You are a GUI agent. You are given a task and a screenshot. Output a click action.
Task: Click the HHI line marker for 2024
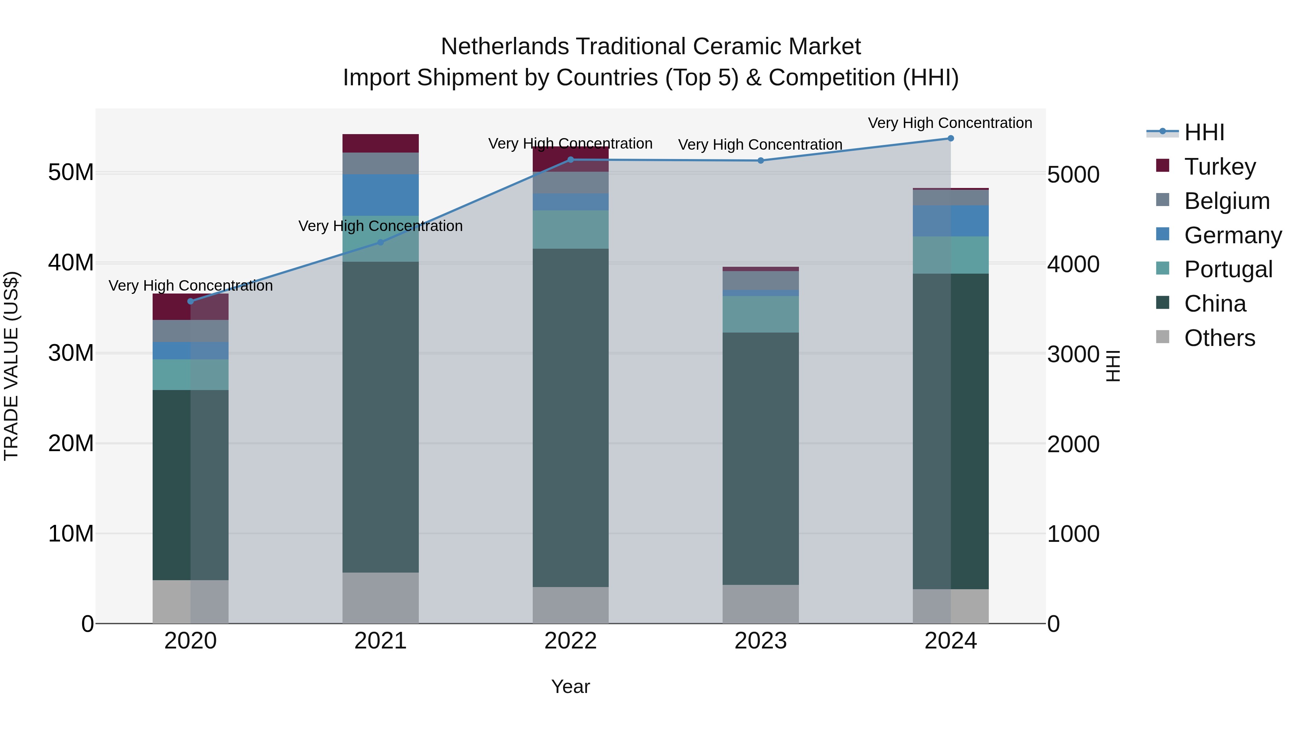[950, 138]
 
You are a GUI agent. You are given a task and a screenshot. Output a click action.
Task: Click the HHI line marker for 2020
[191, 301]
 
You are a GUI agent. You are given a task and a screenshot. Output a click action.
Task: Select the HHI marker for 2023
[760, 160]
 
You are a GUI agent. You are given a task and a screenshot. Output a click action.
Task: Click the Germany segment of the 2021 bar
[380, 195]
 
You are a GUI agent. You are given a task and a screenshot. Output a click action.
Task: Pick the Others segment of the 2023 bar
[760, 604]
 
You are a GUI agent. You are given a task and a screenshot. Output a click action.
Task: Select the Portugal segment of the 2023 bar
[760, 314]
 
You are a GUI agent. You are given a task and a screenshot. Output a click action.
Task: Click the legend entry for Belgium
[1227, 201]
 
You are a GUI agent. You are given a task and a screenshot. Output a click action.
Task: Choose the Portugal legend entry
[1228, 269]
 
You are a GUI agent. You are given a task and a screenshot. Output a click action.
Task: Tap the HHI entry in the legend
[1204, 132]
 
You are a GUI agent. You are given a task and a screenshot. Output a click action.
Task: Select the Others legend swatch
[1162, 337]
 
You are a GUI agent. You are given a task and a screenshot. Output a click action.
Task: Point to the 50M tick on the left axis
[71, 173]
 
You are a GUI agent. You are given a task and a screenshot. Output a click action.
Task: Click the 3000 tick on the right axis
[1073, 354]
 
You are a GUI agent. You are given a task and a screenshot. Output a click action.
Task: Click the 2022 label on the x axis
[570, 641]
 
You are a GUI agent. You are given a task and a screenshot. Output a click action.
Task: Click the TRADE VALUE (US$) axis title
[11, 366]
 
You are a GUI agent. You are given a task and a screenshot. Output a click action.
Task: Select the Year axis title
[570, 686]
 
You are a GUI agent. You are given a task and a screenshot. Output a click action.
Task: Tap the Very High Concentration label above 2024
[950, 123]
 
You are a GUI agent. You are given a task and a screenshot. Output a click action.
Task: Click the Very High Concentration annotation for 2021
[380, 226]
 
